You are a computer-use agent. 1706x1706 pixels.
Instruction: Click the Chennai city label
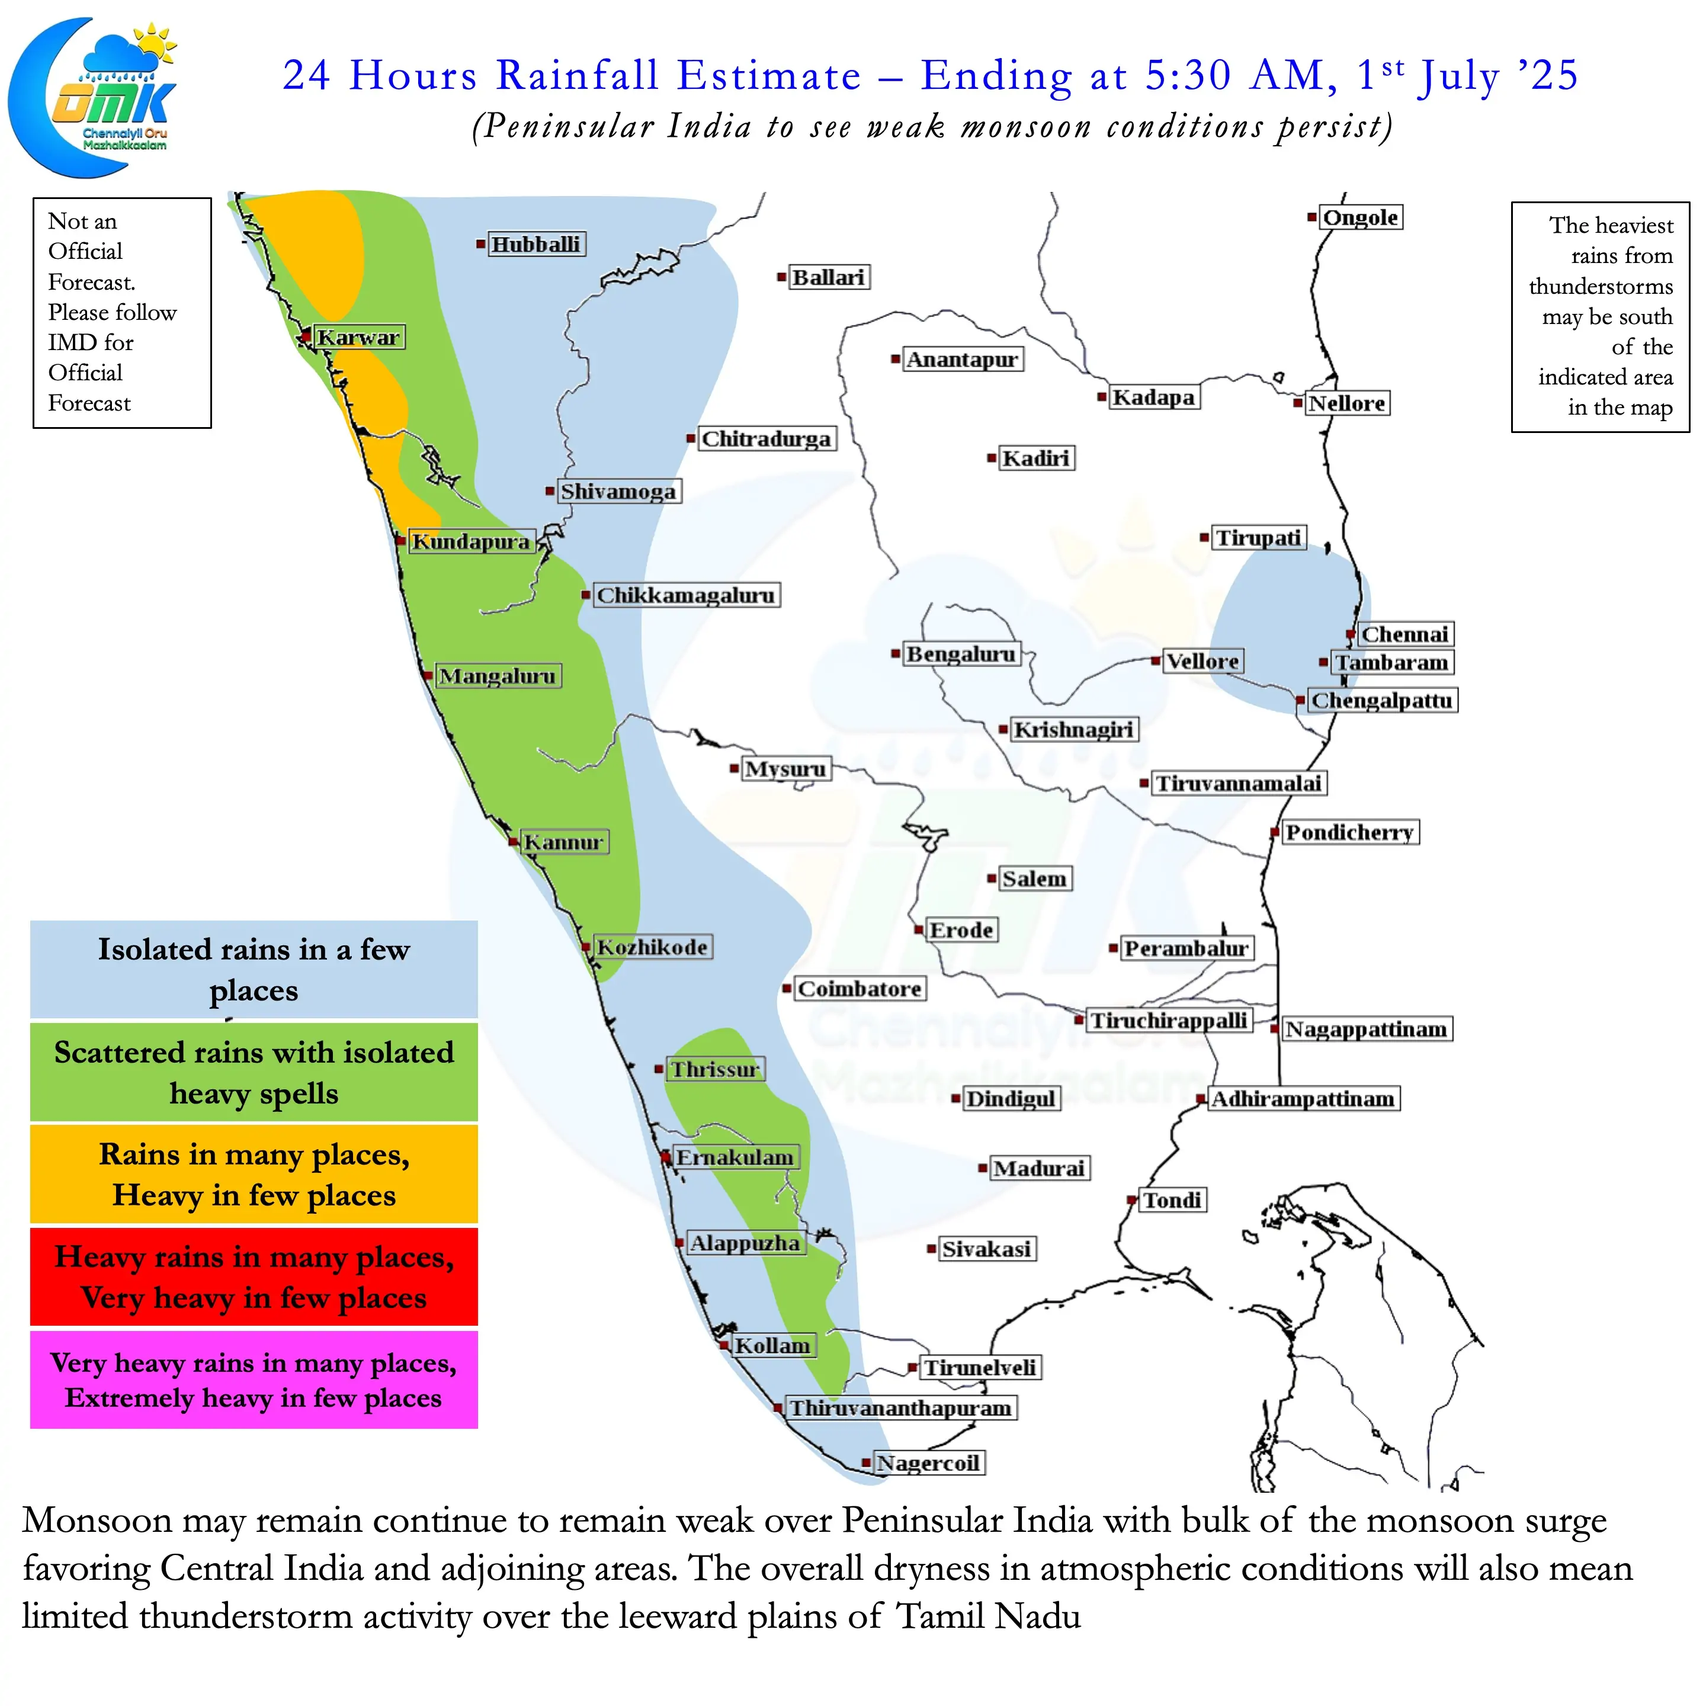tap(1405, 634)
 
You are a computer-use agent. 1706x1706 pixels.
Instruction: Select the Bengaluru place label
tap(961, 655)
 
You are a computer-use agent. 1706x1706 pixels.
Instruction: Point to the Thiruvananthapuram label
tap(900, 1407)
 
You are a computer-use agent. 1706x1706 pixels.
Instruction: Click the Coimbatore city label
tap(859, 989)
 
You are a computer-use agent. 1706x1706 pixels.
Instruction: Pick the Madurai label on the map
tap(1040, 1168)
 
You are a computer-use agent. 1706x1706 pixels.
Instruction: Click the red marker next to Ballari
tap(781, 277)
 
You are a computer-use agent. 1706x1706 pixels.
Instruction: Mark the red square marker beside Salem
tap(992, 878)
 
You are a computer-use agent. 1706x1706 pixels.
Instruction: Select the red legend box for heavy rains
tap(254, 1277)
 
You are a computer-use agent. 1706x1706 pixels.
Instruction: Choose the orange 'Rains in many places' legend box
tap(254, 1175)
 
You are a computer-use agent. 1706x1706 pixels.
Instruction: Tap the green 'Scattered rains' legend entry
tap(254, 1072)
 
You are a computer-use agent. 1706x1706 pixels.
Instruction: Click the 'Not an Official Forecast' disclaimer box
tap(122, 313)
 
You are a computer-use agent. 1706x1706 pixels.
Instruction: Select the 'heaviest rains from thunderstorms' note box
tap(1600, 317)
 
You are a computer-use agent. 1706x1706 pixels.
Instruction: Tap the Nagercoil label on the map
tap(928, 1463)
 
